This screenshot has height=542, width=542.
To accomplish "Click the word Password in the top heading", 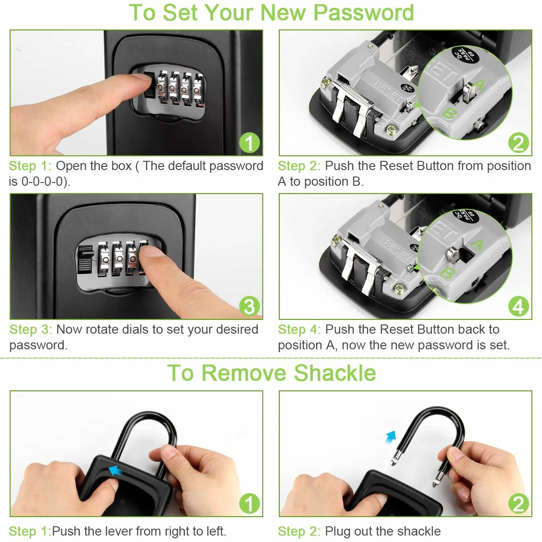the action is (x=363, y=13).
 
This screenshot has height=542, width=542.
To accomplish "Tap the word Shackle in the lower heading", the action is (x=335, y=373).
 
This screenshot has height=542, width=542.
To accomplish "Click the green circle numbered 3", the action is (x=249, y=306).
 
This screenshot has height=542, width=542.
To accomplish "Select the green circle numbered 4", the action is (x=518, y=306).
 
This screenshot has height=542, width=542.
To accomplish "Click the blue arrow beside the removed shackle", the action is (x=391, y=436).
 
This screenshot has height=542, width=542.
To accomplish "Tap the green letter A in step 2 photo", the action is (x=479, y=85).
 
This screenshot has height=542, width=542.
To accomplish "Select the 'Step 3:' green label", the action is (x=30, y=330).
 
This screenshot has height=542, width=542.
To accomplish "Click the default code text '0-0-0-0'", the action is (x=44, y=182).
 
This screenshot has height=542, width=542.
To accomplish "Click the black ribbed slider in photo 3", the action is (x=85, y=259).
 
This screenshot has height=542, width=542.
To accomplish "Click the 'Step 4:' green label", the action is (x=300, y=330).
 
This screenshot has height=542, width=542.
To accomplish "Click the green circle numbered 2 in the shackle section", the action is (x=518, y=504).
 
